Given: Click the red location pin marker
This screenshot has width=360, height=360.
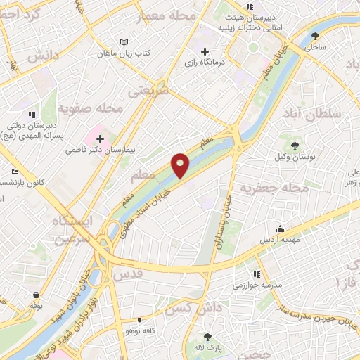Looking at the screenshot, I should (181, 165).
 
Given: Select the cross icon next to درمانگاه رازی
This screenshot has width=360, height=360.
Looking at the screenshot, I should (205, 51).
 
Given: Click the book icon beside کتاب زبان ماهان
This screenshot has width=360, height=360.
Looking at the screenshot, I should (124, 42).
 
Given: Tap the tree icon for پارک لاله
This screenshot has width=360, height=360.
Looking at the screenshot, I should (207, 337).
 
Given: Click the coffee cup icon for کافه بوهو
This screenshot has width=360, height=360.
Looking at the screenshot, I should (140, 320).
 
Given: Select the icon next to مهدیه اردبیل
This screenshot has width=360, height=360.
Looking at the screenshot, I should (280, 229).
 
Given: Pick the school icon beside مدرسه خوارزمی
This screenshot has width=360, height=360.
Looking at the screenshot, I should (257, 274).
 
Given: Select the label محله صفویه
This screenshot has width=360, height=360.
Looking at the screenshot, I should (91, 108).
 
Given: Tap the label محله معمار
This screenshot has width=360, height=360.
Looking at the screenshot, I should (168, 14).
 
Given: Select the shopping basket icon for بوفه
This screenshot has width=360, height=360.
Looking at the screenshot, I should (35, 295).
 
